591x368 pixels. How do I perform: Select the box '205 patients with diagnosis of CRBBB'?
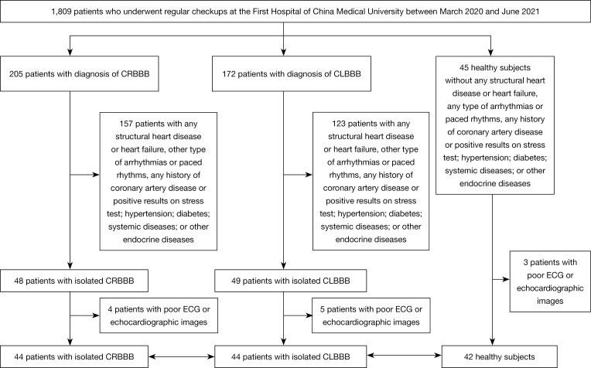pos(79,73)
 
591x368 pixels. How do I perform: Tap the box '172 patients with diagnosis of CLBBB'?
pos(292,73)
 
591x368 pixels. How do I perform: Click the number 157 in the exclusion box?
pos(126,124)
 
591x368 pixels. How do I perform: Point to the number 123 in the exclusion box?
pos(339,124)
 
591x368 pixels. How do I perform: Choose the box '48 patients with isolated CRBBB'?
pos(74,281)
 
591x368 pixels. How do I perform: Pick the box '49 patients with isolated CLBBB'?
pos(291,281)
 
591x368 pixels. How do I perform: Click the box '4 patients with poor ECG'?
pos(159,315)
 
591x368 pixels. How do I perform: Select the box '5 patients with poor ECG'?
pos(371,315)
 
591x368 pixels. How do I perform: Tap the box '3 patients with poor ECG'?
pos(550,281)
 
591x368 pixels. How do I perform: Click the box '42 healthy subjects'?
pos(500,356)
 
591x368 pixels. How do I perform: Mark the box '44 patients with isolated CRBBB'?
pos(74,356)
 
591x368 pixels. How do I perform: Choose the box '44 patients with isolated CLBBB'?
pos(291,356)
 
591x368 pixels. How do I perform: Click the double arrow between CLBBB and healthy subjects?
pos(404,355)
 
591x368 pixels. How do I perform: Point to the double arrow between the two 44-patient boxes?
pos(181,356)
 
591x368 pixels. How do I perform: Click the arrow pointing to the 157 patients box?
pos(85,175)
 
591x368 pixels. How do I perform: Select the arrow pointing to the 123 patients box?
pos(298,175)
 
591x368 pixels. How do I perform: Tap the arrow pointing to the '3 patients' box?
pos(501,280)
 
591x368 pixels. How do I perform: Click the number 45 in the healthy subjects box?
pos(464,68)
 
